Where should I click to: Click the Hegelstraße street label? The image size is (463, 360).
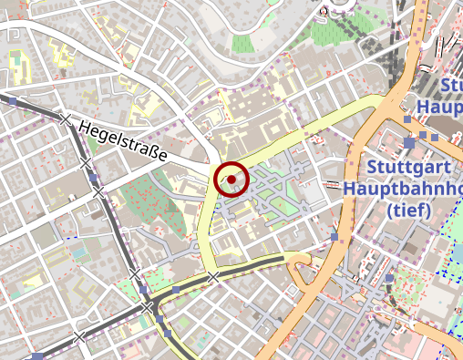pyautogui.click(x=124, y=143)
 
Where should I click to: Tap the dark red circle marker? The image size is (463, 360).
pyautogui.click(x=231, y=180)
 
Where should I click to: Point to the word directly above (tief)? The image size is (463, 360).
pyautogui.click(x=406, y=190)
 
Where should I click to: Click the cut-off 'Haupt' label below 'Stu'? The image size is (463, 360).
pyautogui.click(x=441, y=108)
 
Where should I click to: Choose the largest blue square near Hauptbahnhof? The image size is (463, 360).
pyautogui.click(x=411, y=143)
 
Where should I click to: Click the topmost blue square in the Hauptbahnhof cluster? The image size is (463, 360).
pyautogui.click(x=407, y=119)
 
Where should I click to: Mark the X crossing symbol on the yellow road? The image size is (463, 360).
pyautogui.click(x=212, y=276)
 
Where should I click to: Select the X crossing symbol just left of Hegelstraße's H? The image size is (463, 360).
pyautogui.click(x=64, y=119)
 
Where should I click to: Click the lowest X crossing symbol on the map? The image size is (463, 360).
pyautogui.click(x=80, y=337)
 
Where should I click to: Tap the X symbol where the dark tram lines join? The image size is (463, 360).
pyautogui.click(x=147, y=308)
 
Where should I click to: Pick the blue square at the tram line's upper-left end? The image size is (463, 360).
pyautogui.click(x=12, y=102)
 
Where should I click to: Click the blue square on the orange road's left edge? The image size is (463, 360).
pyautogui.click(x=335, y=237)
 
